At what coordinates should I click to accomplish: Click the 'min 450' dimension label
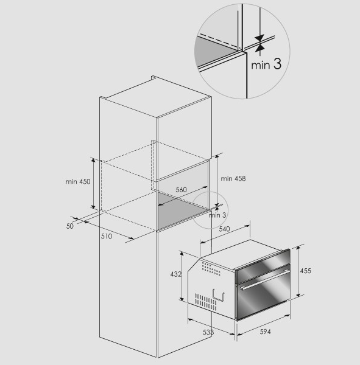[77, 181]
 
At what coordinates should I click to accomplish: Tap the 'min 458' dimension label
[233, 178]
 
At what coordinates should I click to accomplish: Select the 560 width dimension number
[181, 190]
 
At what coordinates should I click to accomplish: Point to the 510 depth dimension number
[107, 236]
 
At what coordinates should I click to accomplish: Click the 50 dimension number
[70, 226]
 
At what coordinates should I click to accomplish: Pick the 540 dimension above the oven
[224, 229]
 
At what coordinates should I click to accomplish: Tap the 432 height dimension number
[176, 274]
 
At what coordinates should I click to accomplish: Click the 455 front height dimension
[305, 271]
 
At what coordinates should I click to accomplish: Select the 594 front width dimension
[266, 332]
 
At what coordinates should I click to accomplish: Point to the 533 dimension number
[208, 332]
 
